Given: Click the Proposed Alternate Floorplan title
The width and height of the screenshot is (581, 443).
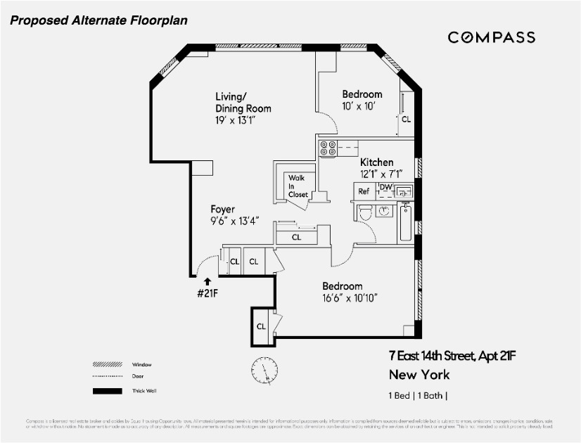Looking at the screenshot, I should (x=98, y=20).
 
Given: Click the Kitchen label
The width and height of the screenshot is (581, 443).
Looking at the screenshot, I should (x=376, y=162).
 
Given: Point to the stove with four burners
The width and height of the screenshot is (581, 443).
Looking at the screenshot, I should (x=328, y=148).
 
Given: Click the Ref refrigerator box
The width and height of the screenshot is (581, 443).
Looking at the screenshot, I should (x=364, y=191).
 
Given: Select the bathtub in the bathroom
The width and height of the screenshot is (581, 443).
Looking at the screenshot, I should (x=406, y=222).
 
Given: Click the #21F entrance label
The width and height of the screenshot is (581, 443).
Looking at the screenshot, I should (x=207, y=293).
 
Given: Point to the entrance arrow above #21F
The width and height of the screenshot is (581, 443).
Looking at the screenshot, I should (x=207, y=282).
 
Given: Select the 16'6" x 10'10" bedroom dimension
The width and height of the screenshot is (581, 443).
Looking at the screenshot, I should (x=350, y=298).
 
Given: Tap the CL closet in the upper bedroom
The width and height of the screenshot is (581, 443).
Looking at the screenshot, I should (x=405, y=120).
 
